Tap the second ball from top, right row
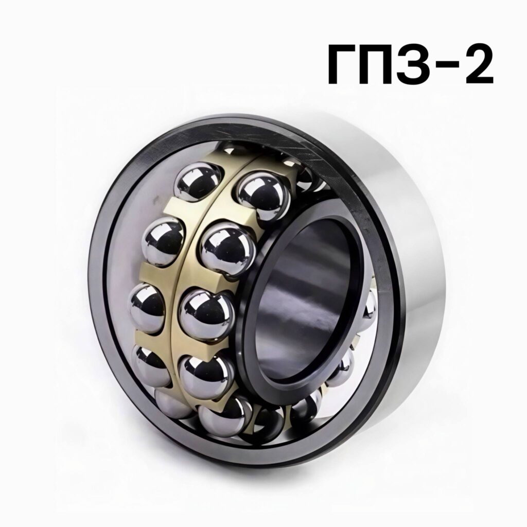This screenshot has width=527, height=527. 227,250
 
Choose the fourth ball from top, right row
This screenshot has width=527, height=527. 206,379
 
